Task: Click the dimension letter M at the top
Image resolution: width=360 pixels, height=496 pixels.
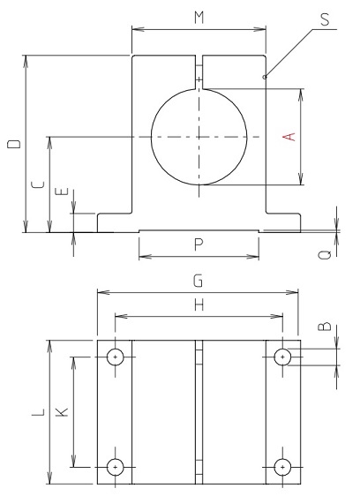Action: point(199,17)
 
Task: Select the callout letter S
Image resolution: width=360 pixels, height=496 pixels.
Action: point(328,19)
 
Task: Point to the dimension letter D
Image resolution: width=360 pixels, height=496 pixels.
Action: point(11,144)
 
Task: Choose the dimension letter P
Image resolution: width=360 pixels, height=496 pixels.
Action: point(199,244)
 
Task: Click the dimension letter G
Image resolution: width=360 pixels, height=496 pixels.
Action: point(199,281)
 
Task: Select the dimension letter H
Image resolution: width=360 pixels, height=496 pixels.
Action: point(199,304)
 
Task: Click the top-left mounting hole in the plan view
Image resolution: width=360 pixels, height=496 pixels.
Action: point(115,357)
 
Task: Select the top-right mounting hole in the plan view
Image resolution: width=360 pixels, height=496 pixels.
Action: point(282,357)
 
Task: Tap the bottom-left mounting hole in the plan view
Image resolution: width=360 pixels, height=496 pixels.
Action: point(115,467)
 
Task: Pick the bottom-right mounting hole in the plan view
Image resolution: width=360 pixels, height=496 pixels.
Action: point(282,467)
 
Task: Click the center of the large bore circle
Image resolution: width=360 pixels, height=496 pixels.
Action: point(199,137)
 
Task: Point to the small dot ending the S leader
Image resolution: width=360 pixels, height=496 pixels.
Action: point(265,78)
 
